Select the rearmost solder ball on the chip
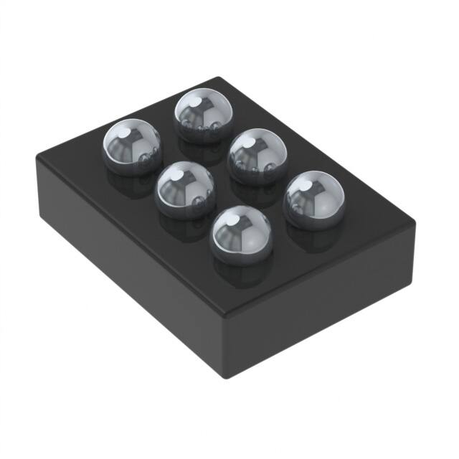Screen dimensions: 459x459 coord(203,115)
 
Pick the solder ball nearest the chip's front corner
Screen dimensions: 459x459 coord(241,234)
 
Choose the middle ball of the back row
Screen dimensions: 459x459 coord(257,156)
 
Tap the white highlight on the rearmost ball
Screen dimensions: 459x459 coord(193,102)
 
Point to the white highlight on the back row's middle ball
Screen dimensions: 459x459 coord(247,144)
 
